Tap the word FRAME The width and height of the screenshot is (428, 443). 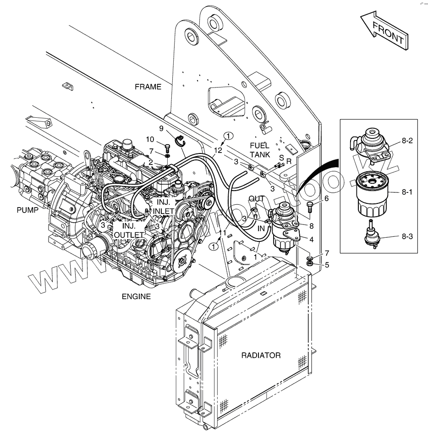[x=148, y=87]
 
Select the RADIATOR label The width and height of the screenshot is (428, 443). [x=261, y=355]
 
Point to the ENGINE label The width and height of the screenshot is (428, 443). [x=136, y=296]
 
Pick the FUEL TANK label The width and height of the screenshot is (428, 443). [x=260, y=150]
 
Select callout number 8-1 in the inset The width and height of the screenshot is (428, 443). [x=407, y=192]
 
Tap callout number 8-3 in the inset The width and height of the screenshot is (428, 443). [x=407, y=236]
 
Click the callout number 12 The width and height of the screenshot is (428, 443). [x=218, y=149]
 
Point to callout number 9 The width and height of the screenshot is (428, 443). [x=161, y=128]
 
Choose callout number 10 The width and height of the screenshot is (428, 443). [x=150, y=139]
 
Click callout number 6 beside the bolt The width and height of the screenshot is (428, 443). [x=326, y=198]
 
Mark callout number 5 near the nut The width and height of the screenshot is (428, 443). [x=326, y=264]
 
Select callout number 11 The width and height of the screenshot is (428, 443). [x=223, y=233]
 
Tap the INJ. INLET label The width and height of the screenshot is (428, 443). [x=164, y=207]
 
